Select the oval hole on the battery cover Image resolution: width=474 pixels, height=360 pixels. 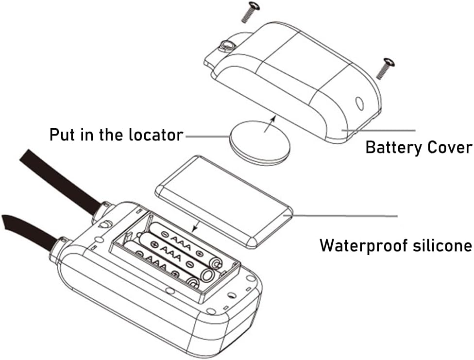point(359,103)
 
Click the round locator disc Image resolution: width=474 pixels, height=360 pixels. point(260,141)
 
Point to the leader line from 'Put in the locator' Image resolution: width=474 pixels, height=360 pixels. point(206,136)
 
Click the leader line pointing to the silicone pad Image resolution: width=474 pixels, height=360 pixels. point(345,214)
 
